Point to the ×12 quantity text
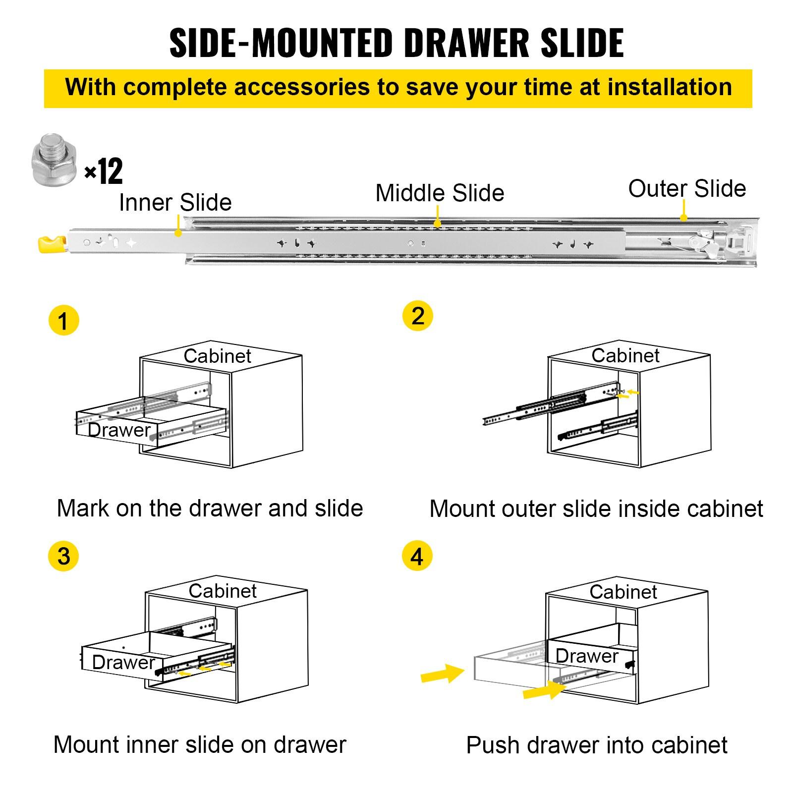pyautogui.click(x=104, y=172)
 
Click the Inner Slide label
pyautogui.click(x=175, y=203)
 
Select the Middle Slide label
pyautogui.click(x=440, y=193)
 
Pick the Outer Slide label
pyautogui.click(x=687, y=189)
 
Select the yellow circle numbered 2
pyautogui.click(x=417, y=316)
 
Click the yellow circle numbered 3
pyautogui.click(x=63, y=556)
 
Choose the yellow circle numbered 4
pyautogui.click(x=417, y=556)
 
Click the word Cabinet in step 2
pyautogui.click(x=625, y=355)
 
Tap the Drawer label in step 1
pyautogui.click(x=119, y=430)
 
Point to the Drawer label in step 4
pyautogui.click(x=587, y=656)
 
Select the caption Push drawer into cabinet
pyautogui.click(x=597, y=745)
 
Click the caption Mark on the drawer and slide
pyautogui.click(x=210, y=509)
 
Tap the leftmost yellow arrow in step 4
pyautogui.click(x=442, y=674)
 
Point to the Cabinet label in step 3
pyautogui.click(x=223, y=591)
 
